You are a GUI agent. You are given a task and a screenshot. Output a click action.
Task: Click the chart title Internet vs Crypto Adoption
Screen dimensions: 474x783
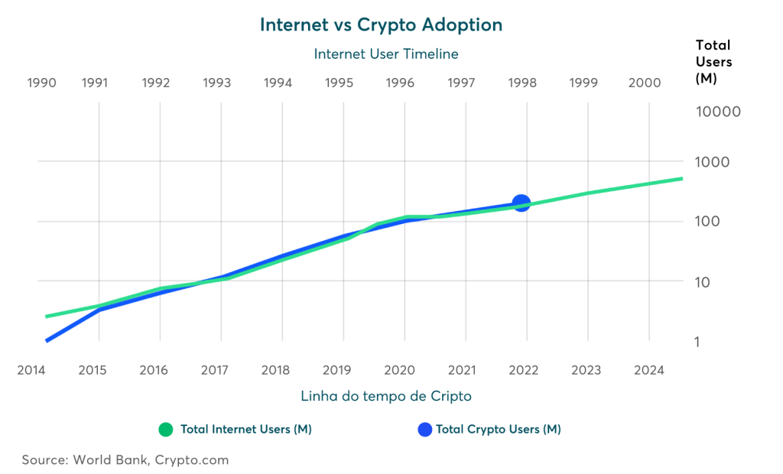click(x=381, y=24)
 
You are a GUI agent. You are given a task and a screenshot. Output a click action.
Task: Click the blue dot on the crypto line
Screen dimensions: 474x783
click(x=521, y=203)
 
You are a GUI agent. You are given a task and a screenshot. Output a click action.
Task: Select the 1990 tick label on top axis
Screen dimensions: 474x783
click(x=41, y=83)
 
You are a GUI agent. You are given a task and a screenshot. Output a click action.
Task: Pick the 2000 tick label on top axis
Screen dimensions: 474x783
click(x=644, y=83)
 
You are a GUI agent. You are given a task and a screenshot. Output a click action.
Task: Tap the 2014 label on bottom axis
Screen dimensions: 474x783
click(x=31, y=370)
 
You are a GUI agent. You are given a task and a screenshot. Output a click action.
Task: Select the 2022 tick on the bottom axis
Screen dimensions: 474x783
click(x=522, y=370)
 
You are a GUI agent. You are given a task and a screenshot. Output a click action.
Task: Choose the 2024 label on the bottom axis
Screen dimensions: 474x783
click(x=648, y=370)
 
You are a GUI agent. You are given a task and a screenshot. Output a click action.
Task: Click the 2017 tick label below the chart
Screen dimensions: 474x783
click(x=216, y=370)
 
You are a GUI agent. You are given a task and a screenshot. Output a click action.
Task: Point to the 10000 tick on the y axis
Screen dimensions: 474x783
click(x=719, y=112)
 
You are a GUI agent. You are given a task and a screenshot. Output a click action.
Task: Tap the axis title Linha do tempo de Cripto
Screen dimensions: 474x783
click(x=385, y=396)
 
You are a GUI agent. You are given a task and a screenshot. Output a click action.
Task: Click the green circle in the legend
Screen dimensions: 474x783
click(x=166, y=430)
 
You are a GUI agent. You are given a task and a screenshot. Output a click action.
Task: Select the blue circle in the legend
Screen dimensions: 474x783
click(x=425, y=430)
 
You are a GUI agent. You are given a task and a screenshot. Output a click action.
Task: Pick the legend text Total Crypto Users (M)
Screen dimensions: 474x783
click(x=499, y=430)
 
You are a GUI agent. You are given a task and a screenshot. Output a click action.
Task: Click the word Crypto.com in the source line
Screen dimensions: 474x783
click(x=192, y=460)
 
